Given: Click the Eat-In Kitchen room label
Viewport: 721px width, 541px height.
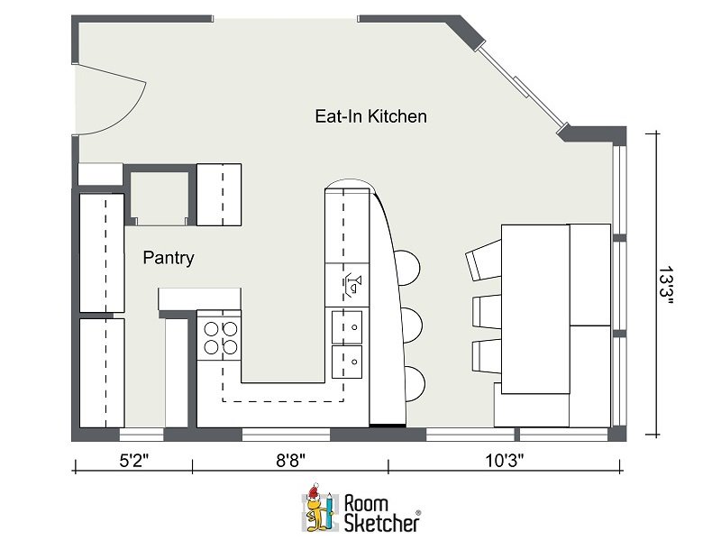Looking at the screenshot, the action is click(370, 116).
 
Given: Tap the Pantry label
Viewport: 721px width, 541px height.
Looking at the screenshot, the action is click(169, 258).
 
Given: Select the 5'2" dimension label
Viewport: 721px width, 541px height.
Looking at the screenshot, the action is click(134, 460).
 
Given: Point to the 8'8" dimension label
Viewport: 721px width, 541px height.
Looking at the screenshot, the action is click(290, 460).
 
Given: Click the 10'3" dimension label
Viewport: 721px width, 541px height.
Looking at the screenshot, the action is click(505, 460).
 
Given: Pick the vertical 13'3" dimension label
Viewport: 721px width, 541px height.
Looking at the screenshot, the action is click(665, 285).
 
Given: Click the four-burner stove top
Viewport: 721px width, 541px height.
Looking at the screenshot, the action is click(219, 338).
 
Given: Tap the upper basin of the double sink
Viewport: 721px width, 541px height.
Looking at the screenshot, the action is click(347, 327).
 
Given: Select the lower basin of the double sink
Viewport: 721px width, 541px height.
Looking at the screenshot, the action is click(347, 362).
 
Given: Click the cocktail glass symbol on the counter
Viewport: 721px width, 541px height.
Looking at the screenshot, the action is click(353, 285).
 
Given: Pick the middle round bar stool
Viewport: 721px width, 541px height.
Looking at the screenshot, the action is click(412, 326).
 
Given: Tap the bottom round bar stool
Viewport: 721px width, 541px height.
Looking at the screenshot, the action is click(415, 384).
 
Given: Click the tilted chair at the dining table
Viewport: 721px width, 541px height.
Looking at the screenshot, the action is click(484, 260).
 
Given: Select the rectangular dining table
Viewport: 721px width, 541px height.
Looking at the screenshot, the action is click(535, 309).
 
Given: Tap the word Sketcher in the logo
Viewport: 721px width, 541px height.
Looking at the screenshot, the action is click(381, 523).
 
